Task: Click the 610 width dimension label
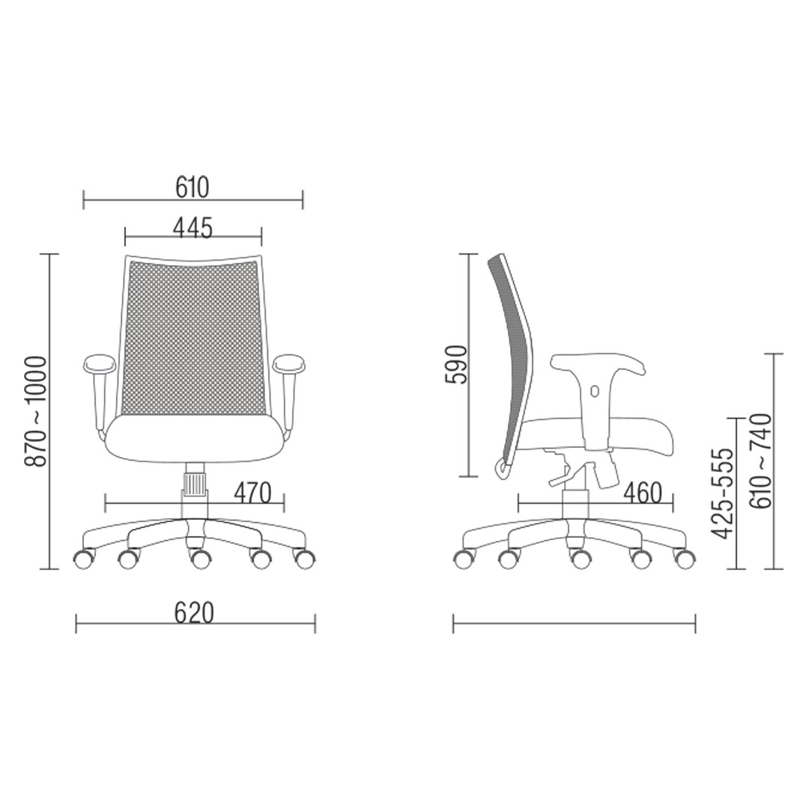point(193,187)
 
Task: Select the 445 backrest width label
point(193,228)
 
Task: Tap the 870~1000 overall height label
point(36,411)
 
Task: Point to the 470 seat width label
point(252,493)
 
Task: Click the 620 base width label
point(194,613)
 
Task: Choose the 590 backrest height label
point(455,365)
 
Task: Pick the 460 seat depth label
point(643,493)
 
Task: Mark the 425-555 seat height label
point(722,493)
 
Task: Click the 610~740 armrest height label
point(760,461)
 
